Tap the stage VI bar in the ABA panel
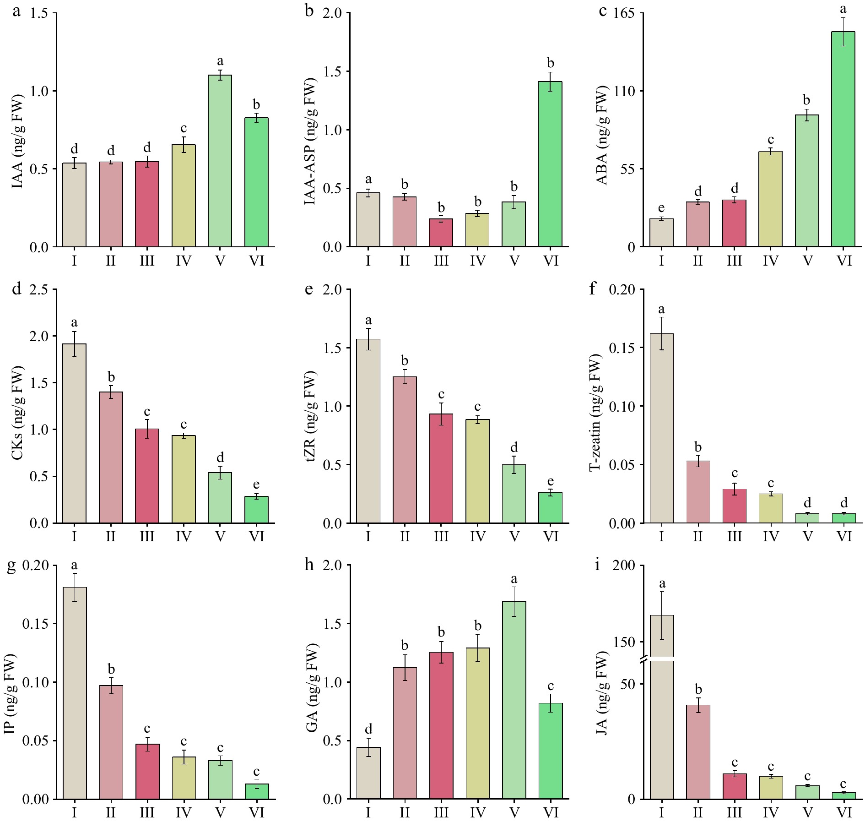click(x=843, y=139)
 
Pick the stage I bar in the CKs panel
click(x=75, y=433)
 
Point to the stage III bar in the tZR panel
click(x=441, y=468)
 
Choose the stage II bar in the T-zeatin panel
click(x=698, y=492)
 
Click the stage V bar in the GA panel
click(x=514, y=700)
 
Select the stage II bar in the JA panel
click(x=698, y=751)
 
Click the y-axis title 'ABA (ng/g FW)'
click(x=603, y=136)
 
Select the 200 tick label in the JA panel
click(x=624, y=565)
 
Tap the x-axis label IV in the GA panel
click(x=477, y=812)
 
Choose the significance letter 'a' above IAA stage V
click(x=220, y=61)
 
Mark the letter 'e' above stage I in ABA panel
click(x=661, y=208)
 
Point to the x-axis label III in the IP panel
click(x=147, y=812)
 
